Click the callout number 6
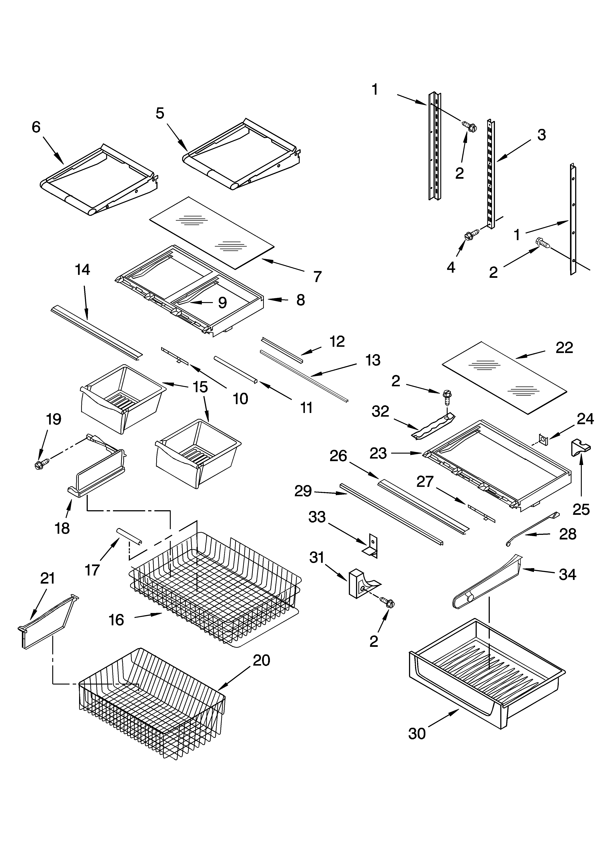click(36, 127)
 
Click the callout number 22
click(564, 348)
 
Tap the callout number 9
click(222, 302)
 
